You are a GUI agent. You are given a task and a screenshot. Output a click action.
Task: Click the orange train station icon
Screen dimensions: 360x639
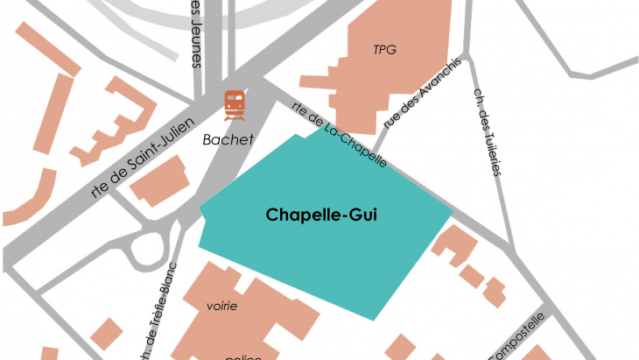coord(234,105)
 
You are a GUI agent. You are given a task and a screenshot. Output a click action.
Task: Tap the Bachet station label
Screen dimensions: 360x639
coord(228,139)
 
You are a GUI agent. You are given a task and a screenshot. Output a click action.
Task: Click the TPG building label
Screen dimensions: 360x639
coord(384,50)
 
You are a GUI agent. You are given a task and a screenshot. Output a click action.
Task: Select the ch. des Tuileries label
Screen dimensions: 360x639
coord(487,131)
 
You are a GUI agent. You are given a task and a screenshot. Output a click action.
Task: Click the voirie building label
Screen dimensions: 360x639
coord(222,306)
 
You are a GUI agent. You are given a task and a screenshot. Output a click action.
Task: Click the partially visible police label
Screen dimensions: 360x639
coord(239,356)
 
